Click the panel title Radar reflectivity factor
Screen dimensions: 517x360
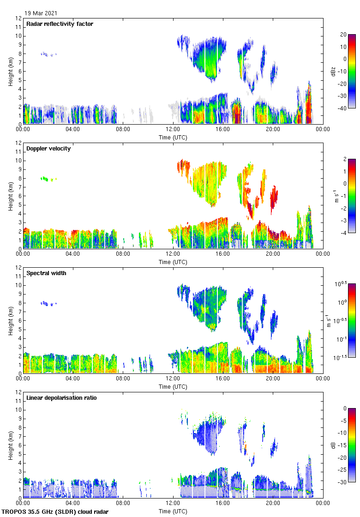coord(60,24)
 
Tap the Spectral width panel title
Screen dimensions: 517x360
coord(46,273)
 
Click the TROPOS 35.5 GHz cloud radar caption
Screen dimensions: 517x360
coord(55,512)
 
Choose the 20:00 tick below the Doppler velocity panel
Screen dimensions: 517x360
coord(273,254)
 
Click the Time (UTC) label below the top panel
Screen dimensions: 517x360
coord(173,137)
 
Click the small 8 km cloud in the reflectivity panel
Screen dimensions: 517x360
coord(48,54)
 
